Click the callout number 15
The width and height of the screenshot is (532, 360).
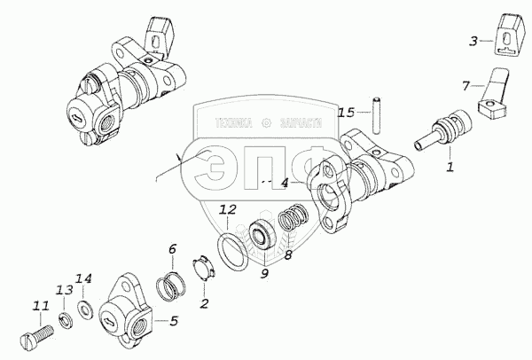(x=346, y=113)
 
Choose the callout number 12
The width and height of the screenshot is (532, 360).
(x=227, y=211)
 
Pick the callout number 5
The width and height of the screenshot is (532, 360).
(x=174, y=320)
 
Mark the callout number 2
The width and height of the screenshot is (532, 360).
(x=204, y=304)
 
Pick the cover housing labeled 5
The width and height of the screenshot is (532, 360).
(x=122, y=312)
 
